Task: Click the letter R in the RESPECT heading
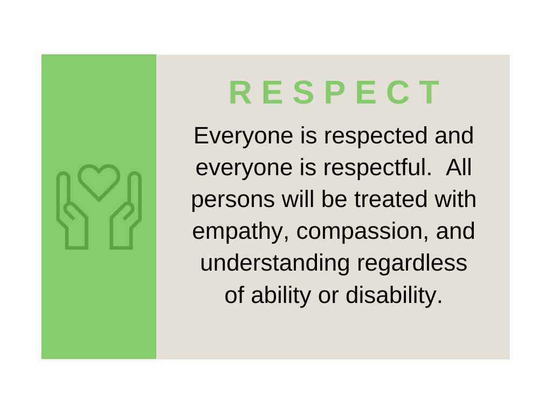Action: pos(241,93)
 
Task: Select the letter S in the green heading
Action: pos(303,93)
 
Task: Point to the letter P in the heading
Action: pos(335,93)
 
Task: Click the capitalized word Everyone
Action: pos(243,136)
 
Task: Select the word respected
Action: pos(376,136)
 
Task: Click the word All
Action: pos(458,167)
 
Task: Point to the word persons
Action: pos(233,200)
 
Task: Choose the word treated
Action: pos(390,199)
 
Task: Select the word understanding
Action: pos(275,263)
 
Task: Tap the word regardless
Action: pos(412,263)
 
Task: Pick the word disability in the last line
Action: pos(394,295)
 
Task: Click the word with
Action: pos(455,199)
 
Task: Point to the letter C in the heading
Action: pos(398,93)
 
